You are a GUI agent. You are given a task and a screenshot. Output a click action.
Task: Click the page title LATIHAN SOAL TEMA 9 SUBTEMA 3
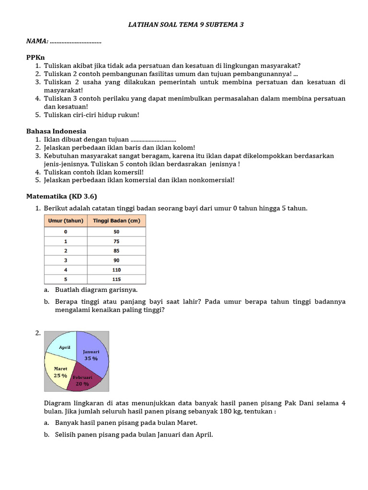(x=186, y=24)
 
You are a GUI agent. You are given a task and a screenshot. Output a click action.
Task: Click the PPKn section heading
(x=36, y=57)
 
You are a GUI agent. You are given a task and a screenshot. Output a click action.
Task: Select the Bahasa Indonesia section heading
(x=56, y=131)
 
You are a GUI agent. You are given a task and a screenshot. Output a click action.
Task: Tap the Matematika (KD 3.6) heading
(x=61, y=196)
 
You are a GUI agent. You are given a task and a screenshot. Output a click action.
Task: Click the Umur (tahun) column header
(x=66, y=221)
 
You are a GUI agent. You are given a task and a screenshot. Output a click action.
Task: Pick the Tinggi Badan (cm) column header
(x=116, y=221)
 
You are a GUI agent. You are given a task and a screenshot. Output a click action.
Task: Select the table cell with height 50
(x=116, y=232)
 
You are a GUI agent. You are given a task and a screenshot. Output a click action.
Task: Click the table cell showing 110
(x=116, y=270)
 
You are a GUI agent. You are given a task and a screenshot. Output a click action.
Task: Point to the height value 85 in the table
(x=116, y=251)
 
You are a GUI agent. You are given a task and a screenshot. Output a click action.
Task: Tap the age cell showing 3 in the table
(x=66, y=260)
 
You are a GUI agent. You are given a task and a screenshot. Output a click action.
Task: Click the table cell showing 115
(x=116, y=279)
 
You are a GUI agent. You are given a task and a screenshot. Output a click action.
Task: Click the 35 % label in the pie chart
(x=91, y=358)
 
